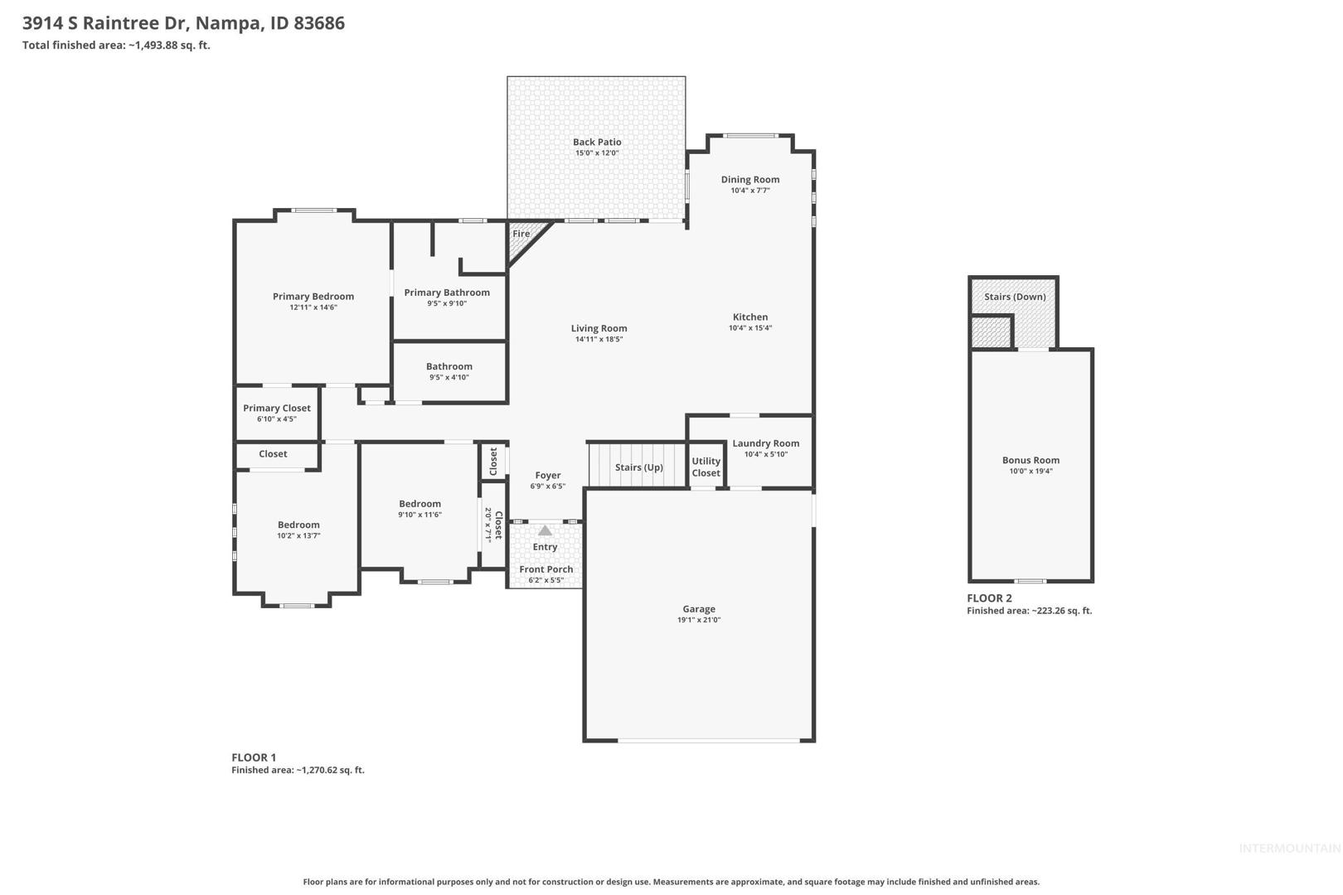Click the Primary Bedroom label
313,296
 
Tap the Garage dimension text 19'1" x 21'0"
699,620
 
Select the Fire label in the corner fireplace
521,234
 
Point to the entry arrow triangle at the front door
545,530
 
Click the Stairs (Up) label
638,467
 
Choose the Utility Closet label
705,467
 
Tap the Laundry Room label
766,443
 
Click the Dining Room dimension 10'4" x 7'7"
750,191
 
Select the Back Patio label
597,142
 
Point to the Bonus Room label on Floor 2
1030,461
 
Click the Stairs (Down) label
1015,297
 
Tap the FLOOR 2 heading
989,598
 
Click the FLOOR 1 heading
254,757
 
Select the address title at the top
183,23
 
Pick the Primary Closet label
276,409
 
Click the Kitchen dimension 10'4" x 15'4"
750,328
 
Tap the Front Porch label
545,569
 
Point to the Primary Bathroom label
447,293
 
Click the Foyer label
547,476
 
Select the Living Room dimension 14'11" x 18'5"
599,339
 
